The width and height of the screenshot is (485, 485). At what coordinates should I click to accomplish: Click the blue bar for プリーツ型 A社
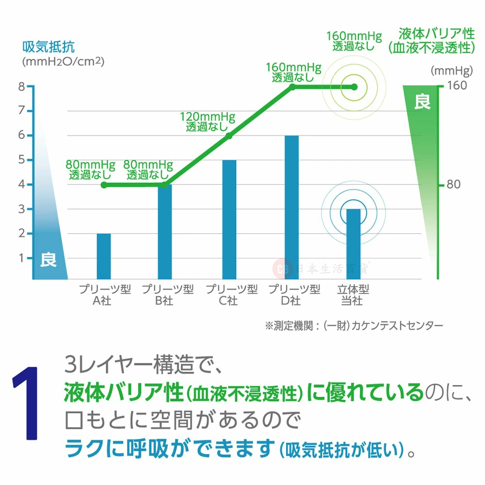pos(104,256)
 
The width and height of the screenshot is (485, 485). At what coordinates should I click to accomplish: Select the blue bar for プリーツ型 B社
pos(165,232)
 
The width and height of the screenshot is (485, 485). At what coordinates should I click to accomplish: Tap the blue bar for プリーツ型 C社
pos(229,219)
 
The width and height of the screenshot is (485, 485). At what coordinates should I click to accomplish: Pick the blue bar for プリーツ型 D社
pos(291,207)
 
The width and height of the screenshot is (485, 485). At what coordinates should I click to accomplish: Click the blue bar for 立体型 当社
pos(353,244)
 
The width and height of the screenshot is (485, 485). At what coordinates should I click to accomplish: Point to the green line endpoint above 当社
pos(354,87)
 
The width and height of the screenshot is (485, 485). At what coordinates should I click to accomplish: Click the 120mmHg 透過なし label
pos(207,122)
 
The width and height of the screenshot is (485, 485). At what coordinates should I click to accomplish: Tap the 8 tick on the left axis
pos(21,87)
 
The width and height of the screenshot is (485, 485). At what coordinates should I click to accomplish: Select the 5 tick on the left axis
pos(21,160)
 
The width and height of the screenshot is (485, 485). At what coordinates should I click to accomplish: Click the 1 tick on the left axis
pos(21,258)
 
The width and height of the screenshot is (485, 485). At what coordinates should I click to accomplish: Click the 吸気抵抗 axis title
pos(48,48)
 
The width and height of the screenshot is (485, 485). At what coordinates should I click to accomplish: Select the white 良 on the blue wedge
pos(48,259)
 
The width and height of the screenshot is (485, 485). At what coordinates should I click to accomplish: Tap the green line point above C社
pos(229,136)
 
